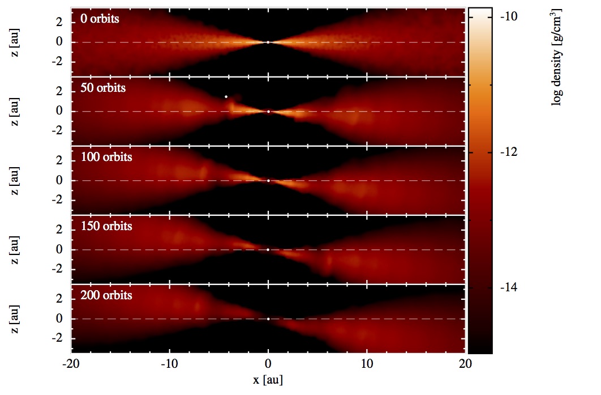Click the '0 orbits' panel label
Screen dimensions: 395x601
(100, 19)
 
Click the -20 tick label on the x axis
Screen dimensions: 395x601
(70, 363)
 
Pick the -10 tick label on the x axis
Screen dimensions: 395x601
(169, 363)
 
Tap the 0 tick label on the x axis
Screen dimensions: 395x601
(268, 363)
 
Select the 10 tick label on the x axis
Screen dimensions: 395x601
(367, 363)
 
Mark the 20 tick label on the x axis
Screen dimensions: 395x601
(465, 363)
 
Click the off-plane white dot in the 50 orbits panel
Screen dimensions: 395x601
(226, 96)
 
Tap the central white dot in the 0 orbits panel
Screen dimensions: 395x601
(268, 42)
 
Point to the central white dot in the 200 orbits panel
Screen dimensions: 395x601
(268, 318)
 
